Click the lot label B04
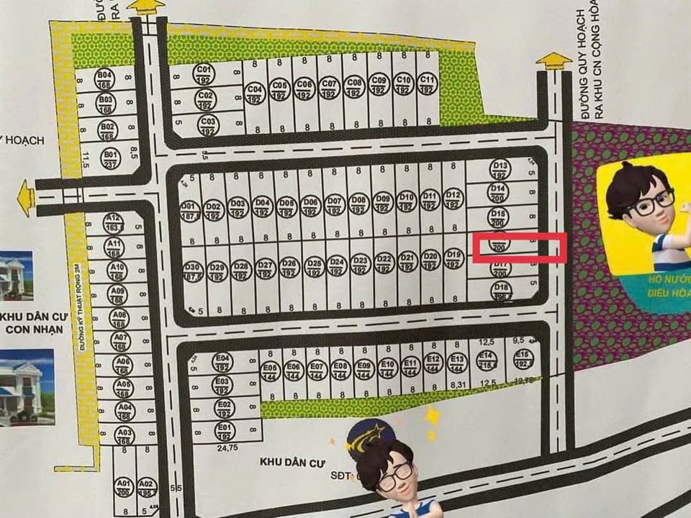pos(105,78)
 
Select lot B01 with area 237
pos(110,158)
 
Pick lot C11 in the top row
pos(427,83)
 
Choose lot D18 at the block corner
pos(501,291)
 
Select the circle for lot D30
pos(192,271)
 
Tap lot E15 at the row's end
pos(523,359)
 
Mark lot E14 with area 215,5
pos(487,360)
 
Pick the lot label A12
pos(113,222)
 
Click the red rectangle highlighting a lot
pos(519,247)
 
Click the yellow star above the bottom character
pos(433,417)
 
